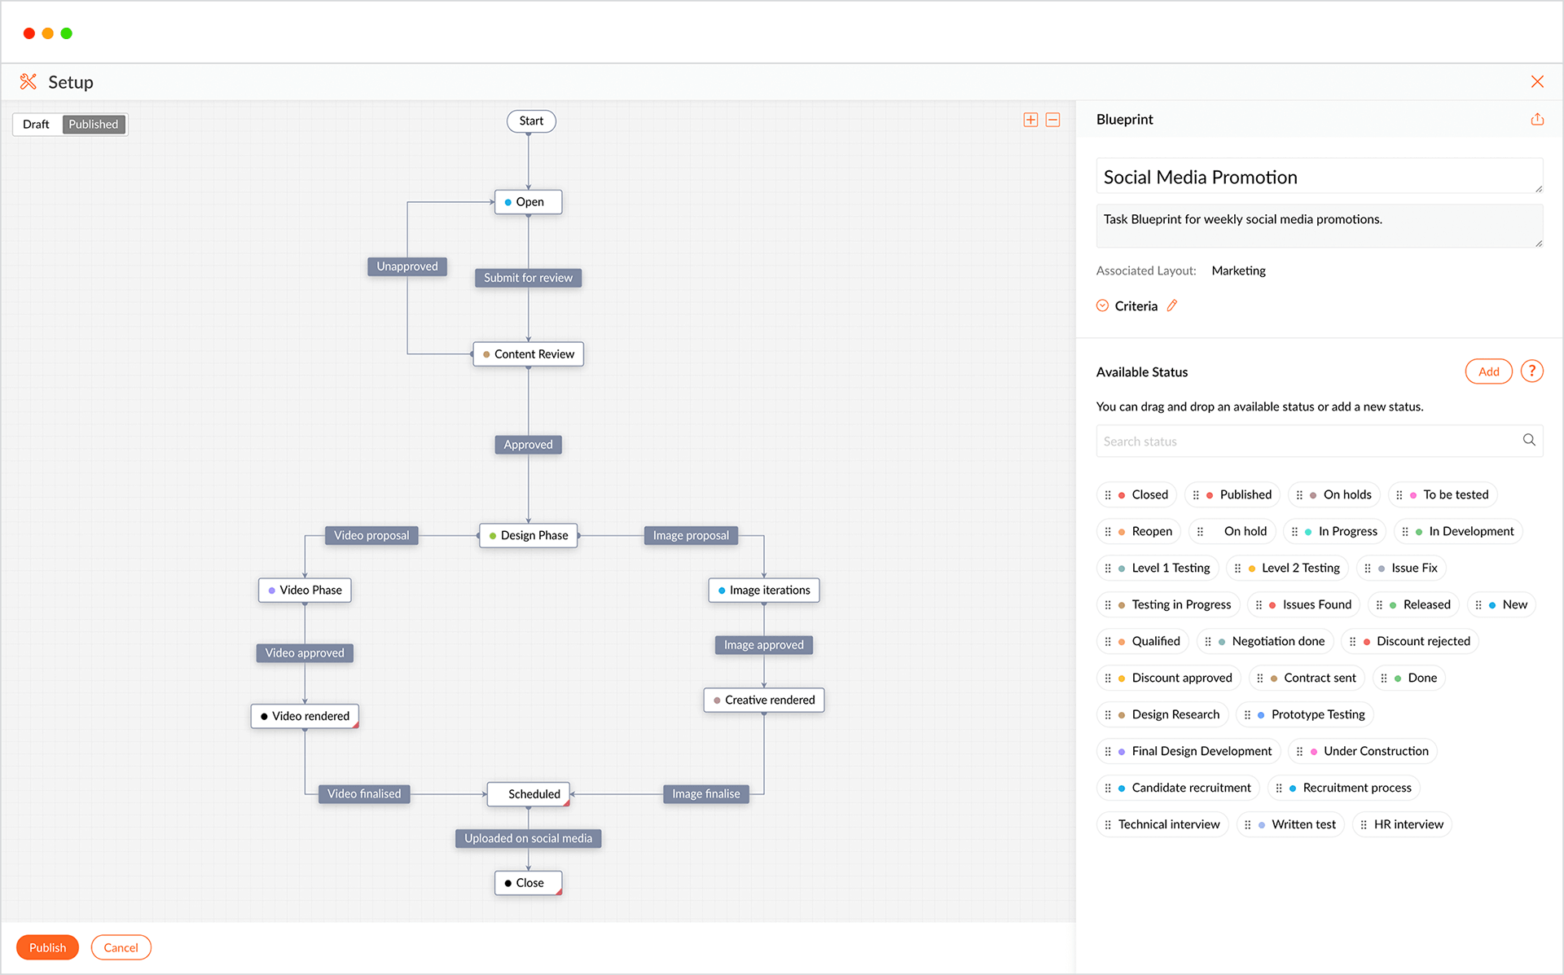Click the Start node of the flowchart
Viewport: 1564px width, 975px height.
531,121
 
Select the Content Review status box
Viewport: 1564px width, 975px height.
528,354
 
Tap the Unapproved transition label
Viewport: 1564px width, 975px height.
407,266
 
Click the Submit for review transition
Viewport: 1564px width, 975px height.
528,278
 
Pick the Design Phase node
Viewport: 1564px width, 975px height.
528,535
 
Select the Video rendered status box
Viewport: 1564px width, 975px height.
305,716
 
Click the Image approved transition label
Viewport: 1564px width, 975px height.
763,645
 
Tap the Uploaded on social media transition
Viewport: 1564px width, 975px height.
528,838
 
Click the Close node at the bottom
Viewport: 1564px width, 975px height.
528,883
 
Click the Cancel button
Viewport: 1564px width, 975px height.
121,947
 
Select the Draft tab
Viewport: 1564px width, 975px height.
37,125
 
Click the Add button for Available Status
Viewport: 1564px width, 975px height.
1488,371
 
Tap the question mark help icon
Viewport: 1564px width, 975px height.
1532,371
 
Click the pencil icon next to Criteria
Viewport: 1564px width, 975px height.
1172,305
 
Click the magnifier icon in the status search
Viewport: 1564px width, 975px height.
1529,440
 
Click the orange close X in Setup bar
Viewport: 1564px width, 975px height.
1537,81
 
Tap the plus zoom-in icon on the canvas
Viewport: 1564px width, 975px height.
1030,120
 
